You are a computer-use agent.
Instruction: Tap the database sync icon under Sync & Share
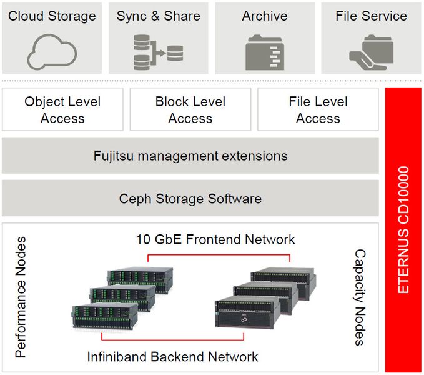click(x=158, y=52)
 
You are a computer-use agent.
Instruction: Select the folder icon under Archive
click(x=265, y=51)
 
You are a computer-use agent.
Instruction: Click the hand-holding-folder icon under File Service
click(x=370, y=51)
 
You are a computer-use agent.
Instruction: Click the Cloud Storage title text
click(x=52, y=16)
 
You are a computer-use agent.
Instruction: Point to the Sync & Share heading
click(x=158, y=16)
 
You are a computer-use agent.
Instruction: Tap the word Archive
click(x=265, y=16)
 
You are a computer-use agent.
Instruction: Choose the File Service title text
click(x=371, y=16)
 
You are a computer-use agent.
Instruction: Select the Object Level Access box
click(x=62, y=109)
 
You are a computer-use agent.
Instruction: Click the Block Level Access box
click(x=190, y=109)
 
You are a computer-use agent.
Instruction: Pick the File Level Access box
click(x=318, y=109)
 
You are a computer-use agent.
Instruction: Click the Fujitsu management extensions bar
click(x=190, y=156)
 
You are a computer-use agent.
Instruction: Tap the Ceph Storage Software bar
click(x=190, y=199)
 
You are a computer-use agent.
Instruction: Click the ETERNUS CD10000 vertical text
click(x=403, y=229)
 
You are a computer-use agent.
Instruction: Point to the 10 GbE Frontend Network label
click(x=216, y=239)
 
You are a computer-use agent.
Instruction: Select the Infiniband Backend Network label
click(x=172, y=357)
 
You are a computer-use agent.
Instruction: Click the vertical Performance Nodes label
click(x=21, y=297)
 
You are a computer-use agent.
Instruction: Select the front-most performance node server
click(x=104, y=316)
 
